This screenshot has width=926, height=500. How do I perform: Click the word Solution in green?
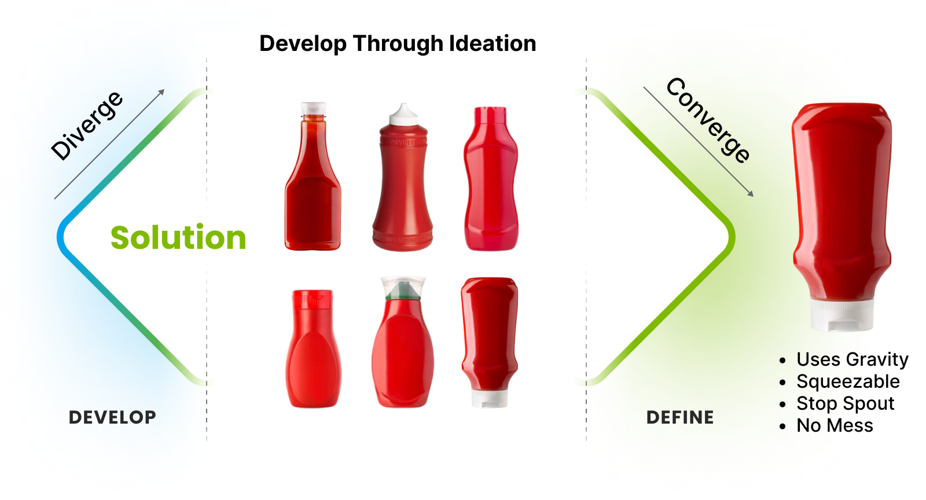(178, 238)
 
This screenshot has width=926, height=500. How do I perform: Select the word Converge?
(708, 120)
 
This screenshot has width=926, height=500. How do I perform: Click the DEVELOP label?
(112, 417)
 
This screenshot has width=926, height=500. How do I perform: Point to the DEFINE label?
(680, 417)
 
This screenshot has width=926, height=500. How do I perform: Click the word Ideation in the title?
(493, 43)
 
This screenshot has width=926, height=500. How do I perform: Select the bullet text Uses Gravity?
(852, 359)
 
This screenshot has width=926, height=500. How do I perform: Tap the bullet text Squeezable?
(848, 381)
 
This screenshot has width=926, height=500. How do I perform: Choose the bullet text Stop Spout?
(846, 403)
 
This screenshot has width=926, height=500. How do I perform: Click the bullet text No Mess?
(835, 425)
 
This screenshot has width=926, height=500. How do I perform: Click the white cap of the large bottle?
(842, 315)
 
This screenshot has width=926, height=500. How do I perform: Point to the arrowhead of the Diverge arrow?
(163, 91)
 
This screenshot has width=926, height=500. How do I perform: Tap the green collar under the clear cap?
(403, 291)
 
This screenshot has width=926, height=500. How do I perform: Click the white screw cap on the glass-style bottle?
(313, 109)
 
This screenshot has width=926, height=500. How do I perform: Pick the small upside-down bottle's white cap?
(490, 398)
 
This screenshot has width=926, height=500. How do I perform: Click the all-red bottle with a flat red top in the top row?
(491, 178)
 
